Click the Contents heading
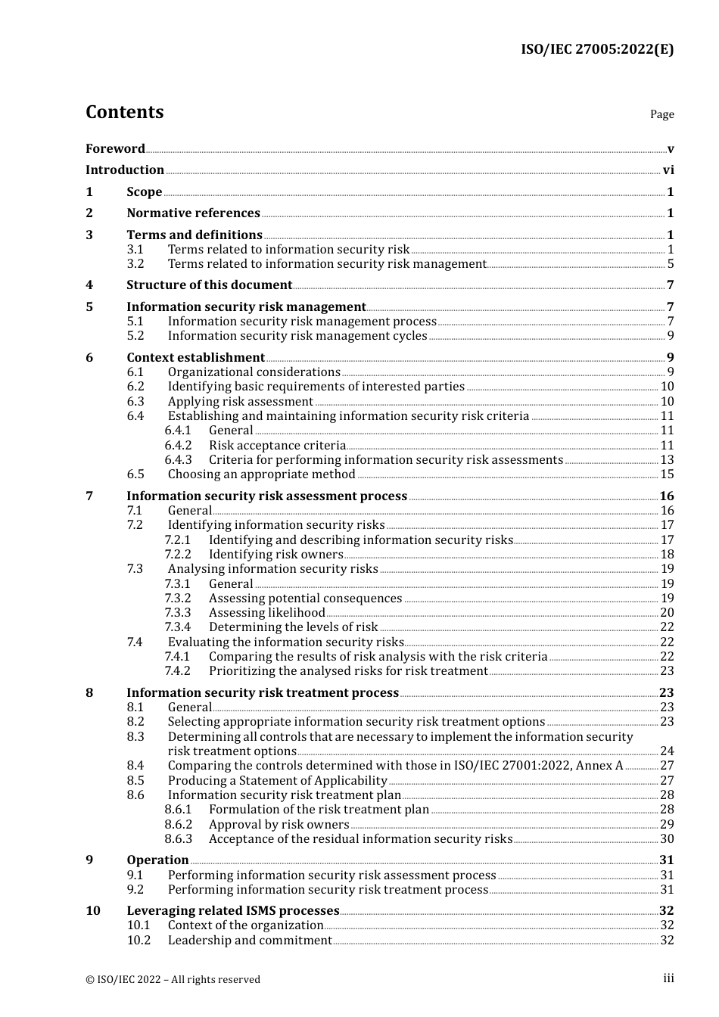(x=124, y=112)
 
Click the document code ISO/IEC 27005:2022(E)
(x=596, y=49)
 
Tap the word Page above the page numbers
(x=661, y=114)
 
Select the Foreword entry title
(x=115, y=149)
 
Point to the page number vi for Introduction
(x=668, y=170)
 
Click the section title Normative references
(x=193, y=213)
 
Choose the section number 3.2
(x=135, y=264)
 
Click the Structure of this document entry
(x=209, y=285)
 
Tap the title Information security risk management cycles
(x=297, y=336)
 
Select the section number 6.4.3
(x=178, y=460)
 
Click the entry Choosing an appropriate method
(x=261, y=474)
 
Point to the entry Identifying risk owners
(x=275, y=555)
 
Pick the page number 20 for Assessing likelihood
(x=667, y=613)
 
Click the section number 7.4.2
(x=178, y=671)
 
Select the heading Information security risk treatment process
(x=262, y=693)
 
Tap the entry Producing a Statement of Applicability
(x=277, y=781)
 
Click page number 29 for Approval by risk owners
(x=667, y=825)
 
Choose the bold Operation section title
(x=157, y=860)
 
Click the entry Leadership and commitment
(x=250, y=941)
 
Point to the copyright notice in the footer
(x=173, y=979)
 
